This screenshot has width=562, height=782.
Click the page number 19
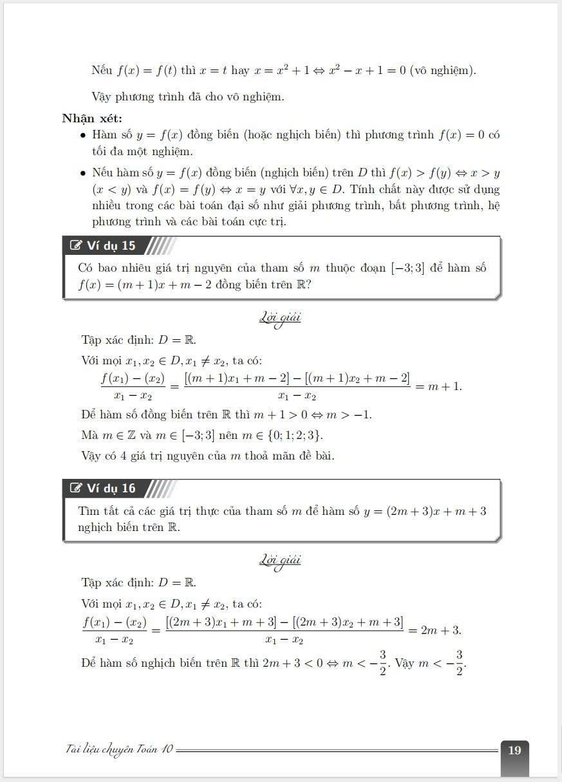click(x=514, y=750)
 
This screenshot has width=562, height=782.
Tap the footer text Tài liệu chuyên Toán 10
click(x=119, y=750)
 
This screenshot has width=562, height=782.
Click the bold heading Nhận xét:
click(x=92, y=118)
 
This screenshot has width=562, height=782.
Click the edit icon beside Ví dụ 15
click(x=76, y=246)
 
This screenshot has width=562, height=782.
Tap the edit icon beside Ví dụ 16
click(x=76, y=489)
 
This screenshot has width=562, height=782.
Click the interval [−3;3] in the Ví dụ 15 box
click(x=408, y=268)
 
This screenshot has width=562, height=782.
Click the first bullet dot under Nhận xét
click(x=83, y=136)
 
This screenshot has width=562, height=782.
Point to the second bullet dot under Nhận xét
click(x=83, y=173)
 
